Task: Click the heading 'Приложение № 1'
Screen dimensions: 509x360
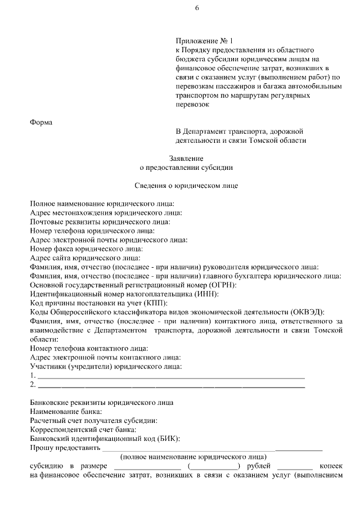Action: click(x=204, y=41)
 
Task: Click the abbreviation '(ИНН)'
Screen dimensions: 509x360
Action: click(x=205, y=294)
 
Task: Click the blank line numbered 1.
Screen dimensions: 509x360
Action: click(x=171, y=376)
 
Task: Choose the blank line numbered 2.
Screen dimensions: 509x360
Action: click(x=171, y=385)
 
